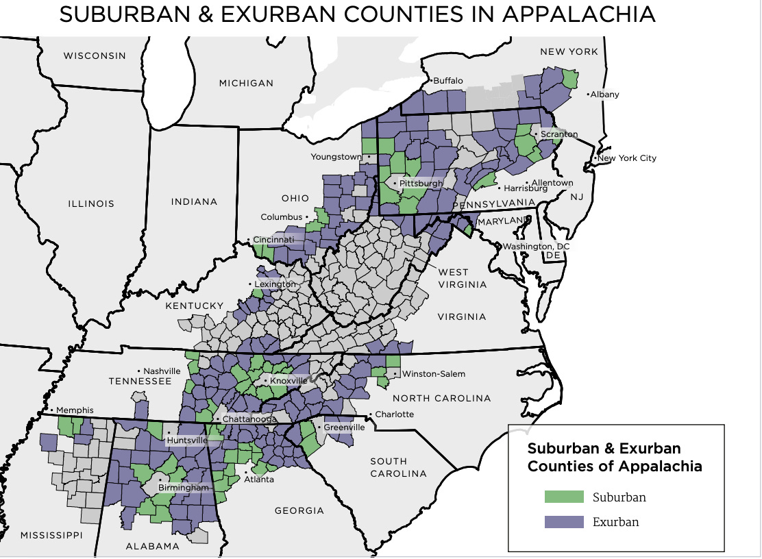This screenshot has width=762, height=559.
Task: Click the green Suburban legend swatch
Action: coord(563,497)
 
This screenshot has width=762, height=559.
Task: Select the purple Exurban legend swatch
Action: coord(563,521)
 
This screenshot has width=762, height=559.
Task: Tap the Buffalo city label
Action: coord(449,81)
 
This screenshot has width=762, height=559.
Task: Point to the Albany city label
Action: coord(605,95)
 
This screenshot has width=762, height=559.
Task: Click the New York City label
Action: coord(627,158)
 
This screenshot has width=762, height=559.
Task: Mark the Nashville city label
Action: coord(162,371)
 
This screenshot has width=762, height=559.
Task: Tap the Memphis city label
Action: coord(75,410)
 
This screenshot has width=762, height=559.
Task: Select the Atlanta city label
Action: coord(259,479)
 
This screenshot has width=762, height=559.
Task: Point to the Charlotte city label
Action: coord(394,414)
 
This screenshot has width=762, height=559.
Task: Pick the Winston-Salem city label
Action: coord(434,374)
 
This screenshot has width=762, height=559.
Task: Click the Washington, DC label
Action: coord(536,247)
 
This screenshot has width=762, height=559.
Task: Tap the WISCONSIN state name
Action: coord(95,55)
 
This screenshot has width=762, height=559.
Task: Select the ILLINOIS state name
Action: coord(91,203)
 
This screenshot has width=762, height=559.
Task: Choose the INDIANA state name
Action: coord(194,201)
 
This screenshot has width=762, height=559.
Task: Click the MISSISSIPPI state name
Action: coord(51,534)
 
